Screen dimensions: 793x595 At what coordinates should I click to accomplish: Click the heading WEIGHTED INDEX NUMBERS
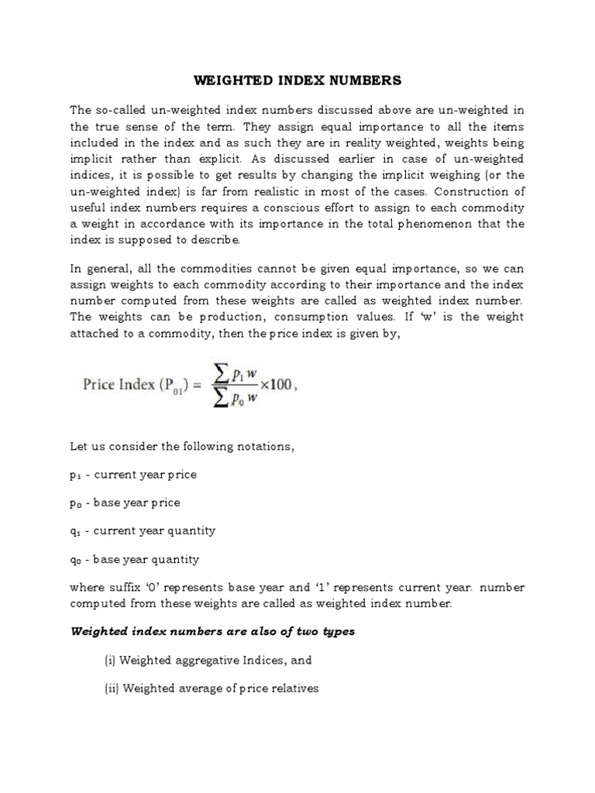click(x=297, y=80)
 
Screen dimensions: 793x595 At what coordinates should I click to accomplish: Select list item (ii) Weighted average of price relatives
click(x=212, y=688)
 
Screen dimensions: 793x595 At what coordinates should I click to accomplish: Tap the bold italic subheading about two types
click(x=213, y=631)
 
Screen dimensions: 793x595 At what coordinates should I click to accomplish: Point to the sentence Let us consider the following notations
click(x=183, y=447)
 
